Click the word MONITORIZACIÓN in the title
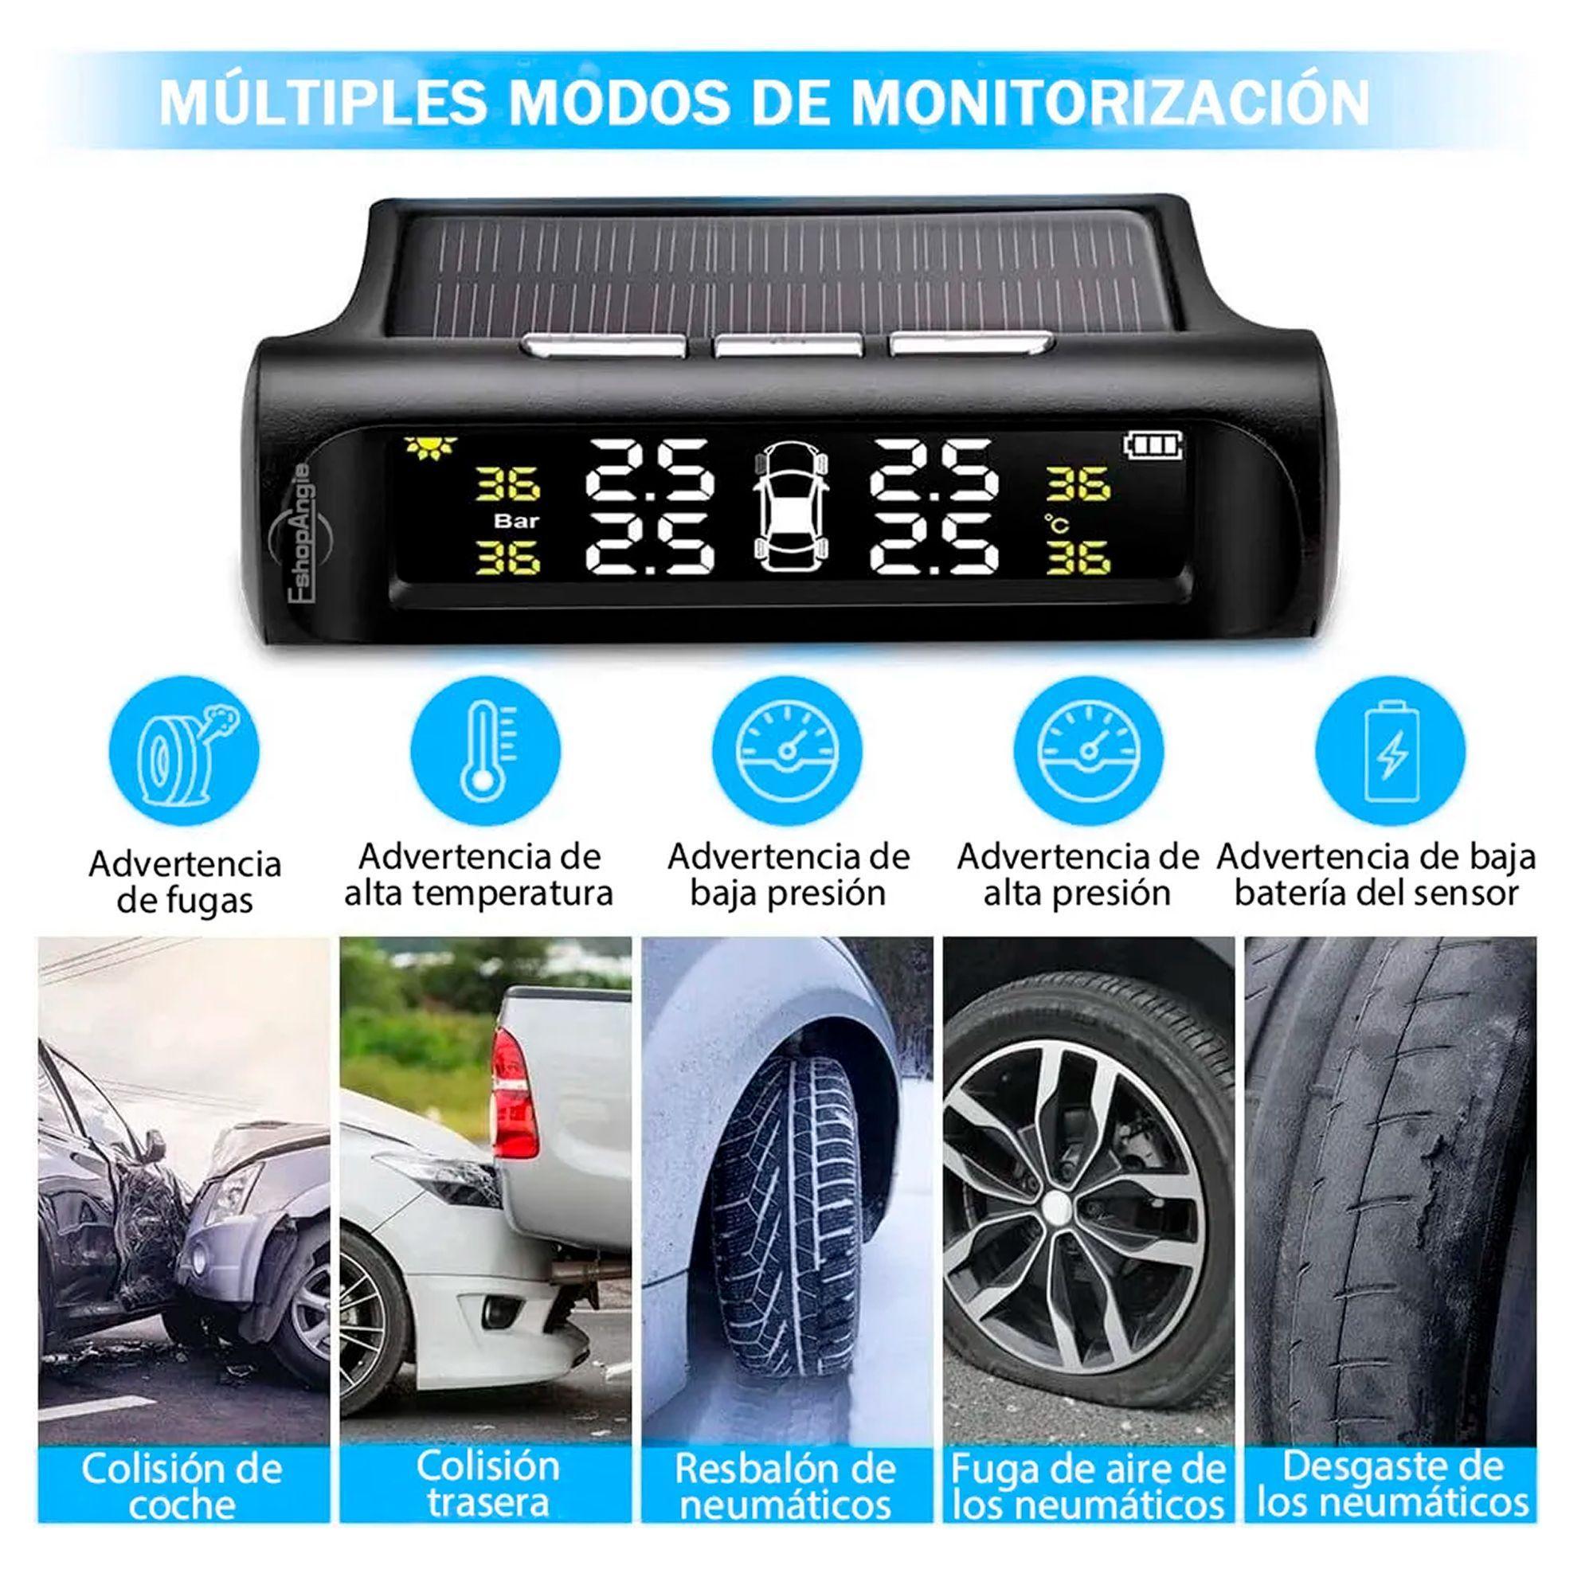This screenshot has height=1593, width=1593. (1109, 101)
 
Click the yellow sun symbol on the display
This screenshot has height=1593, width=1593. (429, 448)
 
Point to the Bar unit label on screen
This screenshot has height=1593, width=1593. (517, 521)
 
